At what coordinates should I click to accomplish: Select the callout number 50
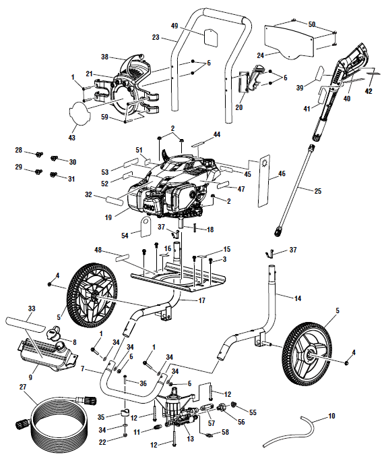[x=311, y=24]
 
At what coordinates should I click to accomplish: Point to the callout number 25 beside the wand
[x=317, y=191]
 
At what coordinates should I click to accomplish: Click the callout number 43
[x=72, y=138]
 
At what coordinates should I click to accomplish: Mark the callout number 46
[x=282, y=173]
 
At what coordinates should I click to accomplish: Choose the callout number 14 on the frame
[x=296, y=297]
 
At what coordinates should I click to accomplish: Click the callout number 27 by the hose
[x=23, y=387]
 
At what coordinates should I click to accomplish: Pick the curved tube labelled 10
[x=290, y=432]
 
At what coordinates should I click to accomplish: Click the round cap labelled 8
[x=53, y=332]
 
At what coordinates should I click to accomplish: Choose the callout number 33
[x=31, y=308]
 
